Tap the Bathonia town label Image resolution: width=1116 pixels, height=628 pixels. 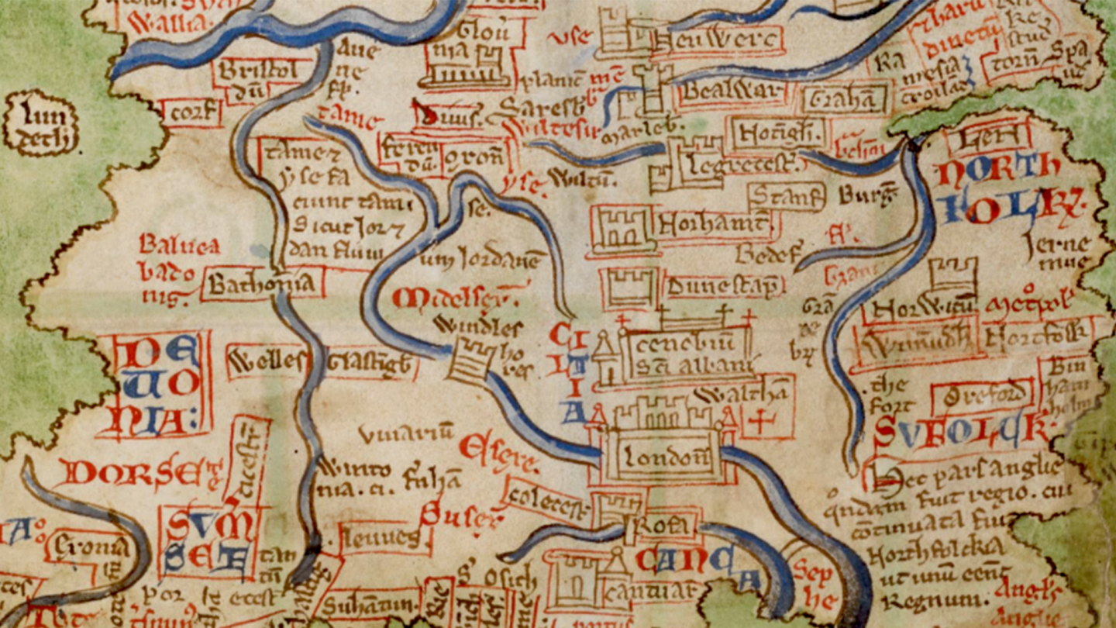tap(262, 285)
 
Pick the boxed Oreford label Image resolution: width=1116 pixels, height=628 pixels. tap(981, 398)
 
